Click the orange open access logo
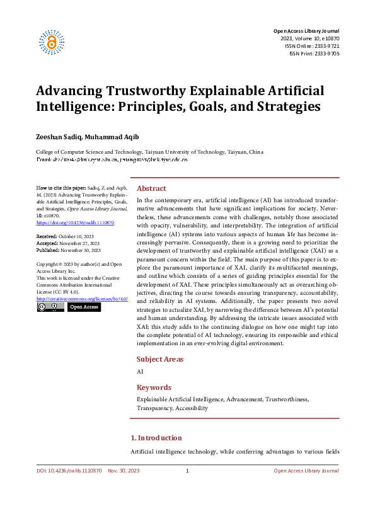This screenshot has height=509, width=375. pos(52,42)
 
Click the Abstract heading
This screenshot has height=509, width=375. pos(152,188)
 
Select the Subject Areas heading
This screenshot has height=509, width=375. pos(160,359)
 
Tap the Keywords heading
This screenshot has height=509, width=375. pos(154,387)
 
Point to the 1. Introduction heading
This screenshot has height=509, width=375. pos(156,438)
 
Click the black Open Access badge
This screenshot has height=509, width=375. pos(84,307)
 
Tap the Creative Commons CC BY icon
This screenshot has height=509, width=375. pos(50,307)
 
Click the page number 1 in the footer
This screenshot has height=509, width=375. pos(187,471)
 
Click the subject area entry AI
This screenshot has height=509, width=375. pos(140,372)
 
